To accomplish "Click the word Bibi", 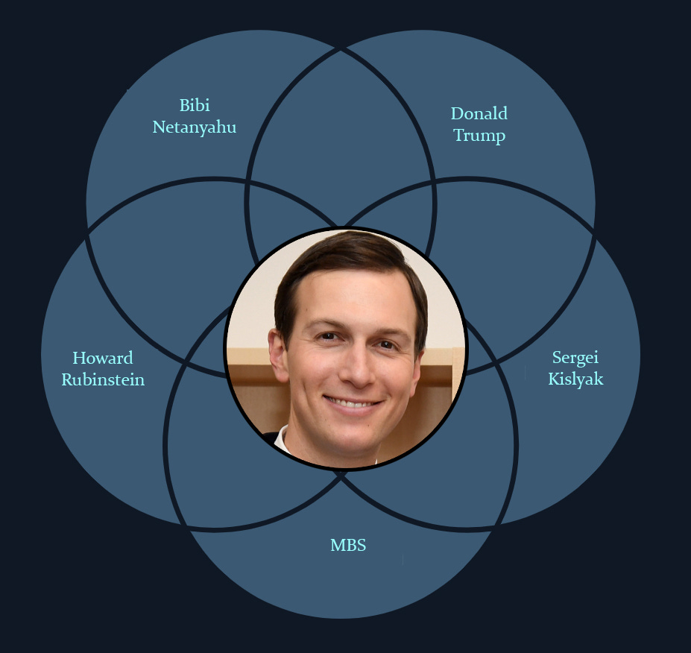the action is (x=195, y=106).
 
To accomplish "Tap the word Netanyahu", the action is (x=195, y=127).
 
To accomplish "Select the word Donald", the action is (x=479, y=114).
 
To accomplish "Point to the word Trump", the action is (x=479, y=136).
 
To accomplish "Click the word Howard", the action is (x=103, y=358).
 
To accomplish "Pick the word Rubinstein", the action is (x=103, y=379).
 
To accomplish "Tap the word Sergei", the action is (x=575, y=357).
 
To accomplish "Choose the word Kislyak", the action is (x=575, y=379).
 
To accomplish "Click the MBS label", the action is (x=348, y=545).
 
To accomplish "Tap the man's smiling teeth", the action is (x=353, y=403).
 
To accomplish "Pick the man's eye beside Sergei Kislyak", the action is (x=386, y=344).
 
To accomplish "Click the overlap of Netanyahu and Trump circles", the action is (x=341, y=127).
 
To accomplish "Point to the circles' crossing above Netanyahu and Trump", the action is (x=341, y=50).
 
